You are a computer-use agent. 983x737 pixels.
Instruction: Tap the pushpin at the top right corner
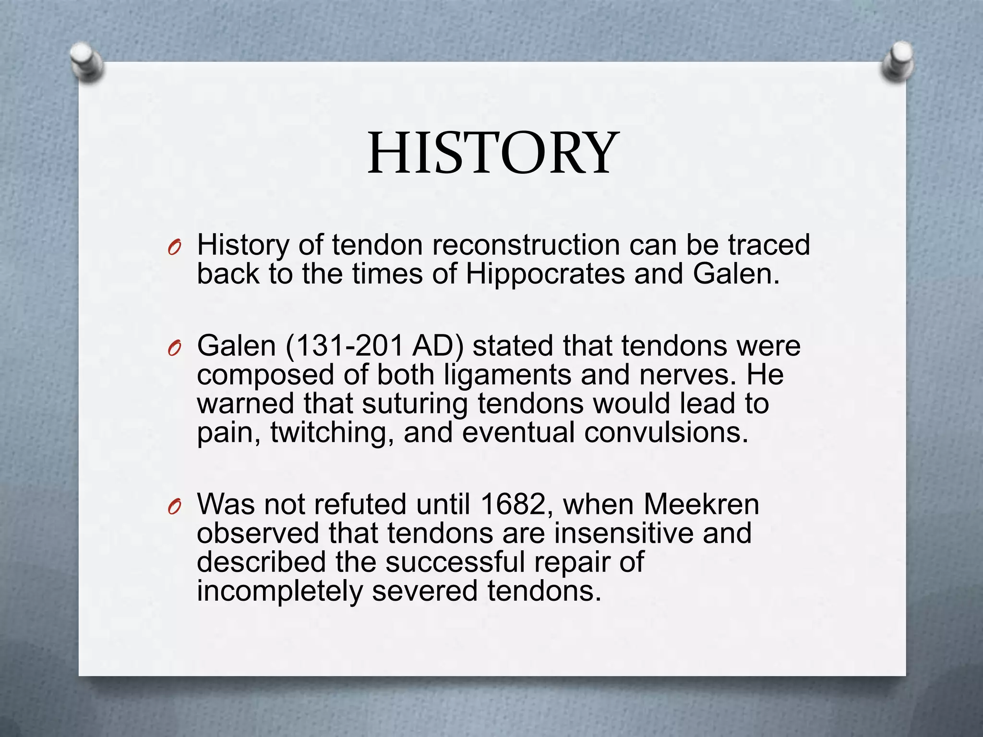(x=897, y=61)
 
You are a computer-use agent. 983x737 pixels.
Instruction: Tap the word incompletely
(x=280, y=591)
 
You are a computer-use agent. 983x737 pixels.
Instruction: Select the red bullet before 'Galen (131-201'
(x=174, y=349)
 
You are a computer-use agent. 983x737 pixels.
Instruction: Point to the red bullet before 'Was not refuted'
(x=174, y=507)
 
